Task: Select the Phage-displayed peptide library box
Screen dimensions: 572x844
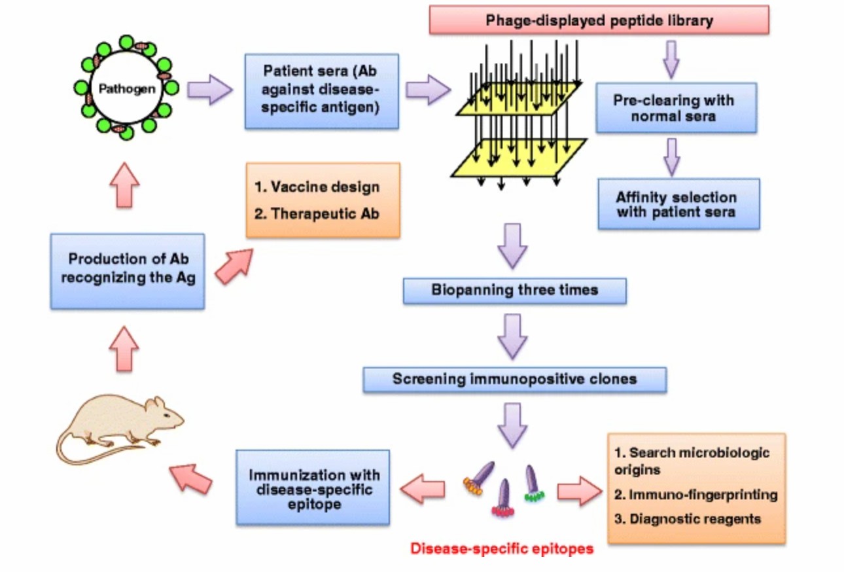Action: click(x=599, y=20)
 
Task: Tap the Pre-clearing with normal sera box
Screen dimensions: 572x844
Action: click(x=676, y=108)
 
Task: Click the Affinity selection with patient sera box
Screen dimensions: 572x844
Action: click(x=678, y=204)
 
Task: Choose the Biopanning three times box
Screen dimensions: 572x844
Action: click(x=514, y=291)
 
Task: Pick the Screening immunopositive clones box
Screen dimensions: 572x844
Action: click(x=514, y=379)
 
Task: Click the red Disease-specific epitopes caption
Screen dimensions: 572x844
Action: click(x=502, y=548)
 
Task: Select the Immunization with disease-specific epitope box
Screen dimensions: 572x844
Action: click(x=313, y=487)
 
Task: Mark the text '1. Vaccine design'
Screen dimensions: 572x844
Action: click(x=317, y=187)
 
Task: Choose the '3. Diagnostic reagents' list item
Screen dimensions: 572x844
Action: click(x=688, y=519)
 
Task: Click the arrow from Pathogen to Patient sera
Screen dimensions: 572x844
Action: click(x=209, y=90)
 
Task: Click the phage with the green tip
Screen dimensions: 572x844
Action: click(x=532, y=484)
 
